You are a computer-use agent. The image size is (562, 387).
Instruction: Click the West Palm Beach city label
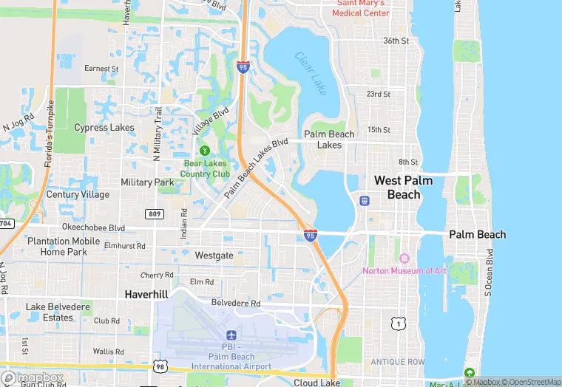coord(403,188)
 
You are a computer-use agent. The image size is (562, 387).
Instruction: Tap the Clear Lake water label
coord(310,68)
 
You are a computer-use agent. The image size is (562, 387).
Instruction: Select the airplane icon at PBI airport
coord(231,337)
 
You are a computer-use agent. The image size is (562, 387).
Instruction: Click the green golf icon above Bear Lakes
coord(204,150)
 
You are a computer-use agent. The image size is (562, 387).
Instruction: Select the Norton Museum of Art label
coord(404,270)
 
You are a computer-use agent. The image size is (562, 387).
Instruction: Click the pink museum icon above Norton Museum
coord(404,258)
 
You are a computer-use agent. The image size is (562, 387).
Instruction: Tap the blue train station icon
coord(364,200)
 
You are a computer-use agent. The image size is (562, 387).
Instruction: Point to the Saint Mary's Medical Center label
coord(362,8)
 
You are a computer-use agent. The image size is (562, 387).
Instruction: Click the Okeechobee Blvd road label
coord(94,228)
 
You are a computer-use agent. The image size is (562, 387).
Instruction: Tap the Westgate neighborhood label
coord(214,256)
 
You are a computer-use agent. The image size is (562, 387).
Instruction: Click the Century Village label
coord(78,195)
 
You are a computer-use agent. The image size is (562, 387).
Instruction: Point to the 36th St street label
coord(396,41)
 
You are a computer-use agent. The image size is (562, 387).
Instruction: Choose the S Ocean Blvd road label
coord(488,273)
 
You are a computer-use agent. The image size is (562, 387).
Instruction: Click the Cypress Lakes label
coord(104,128)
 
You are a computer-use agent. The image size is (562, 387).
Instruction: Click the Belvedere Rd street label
coord(236,303)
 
